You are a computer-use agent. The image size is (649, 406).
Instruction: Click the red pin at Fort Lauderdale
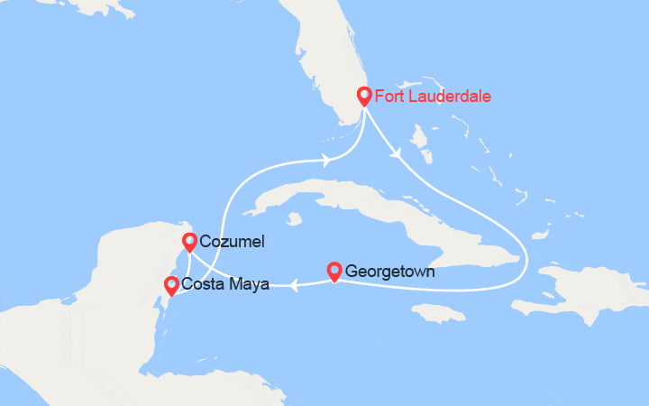pyautogui.click(x=364, y=97)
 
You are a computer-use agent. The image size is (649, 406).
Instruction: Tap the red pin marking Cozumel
pyautogui.click(x=189, y=242)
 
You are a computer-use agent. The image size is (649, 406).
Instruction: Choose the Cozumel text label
pyautogui.click(x=233, y=243)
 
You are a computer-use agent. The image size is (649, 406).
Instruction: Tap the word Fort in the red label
pyautogui.click(x=388, y=97)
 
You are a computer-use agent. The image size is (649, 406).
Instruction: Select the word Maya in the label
pyautogui.click(x=242, y=285)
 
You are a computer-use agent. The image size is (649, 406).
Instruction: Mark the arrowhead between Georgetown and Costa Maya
pyautogui.click(x=294, y=286)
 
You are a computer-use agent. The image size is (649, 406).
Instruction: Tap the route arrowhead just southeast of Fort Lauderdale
pyautogui.click(x=397, y=155)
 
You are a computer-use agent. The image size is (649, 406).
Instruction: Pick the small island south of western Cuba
pyautogui.click(x=292, y=219)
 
